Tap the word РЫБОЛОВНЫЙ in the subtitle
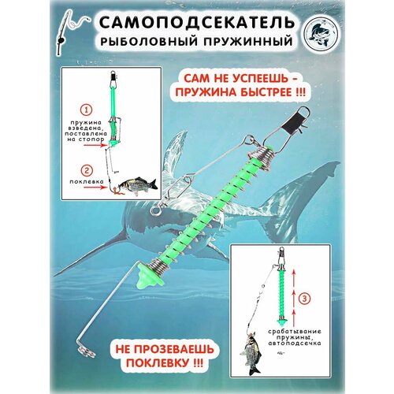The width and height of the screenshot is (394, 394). pyautogui.click(x=162, y=39)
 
